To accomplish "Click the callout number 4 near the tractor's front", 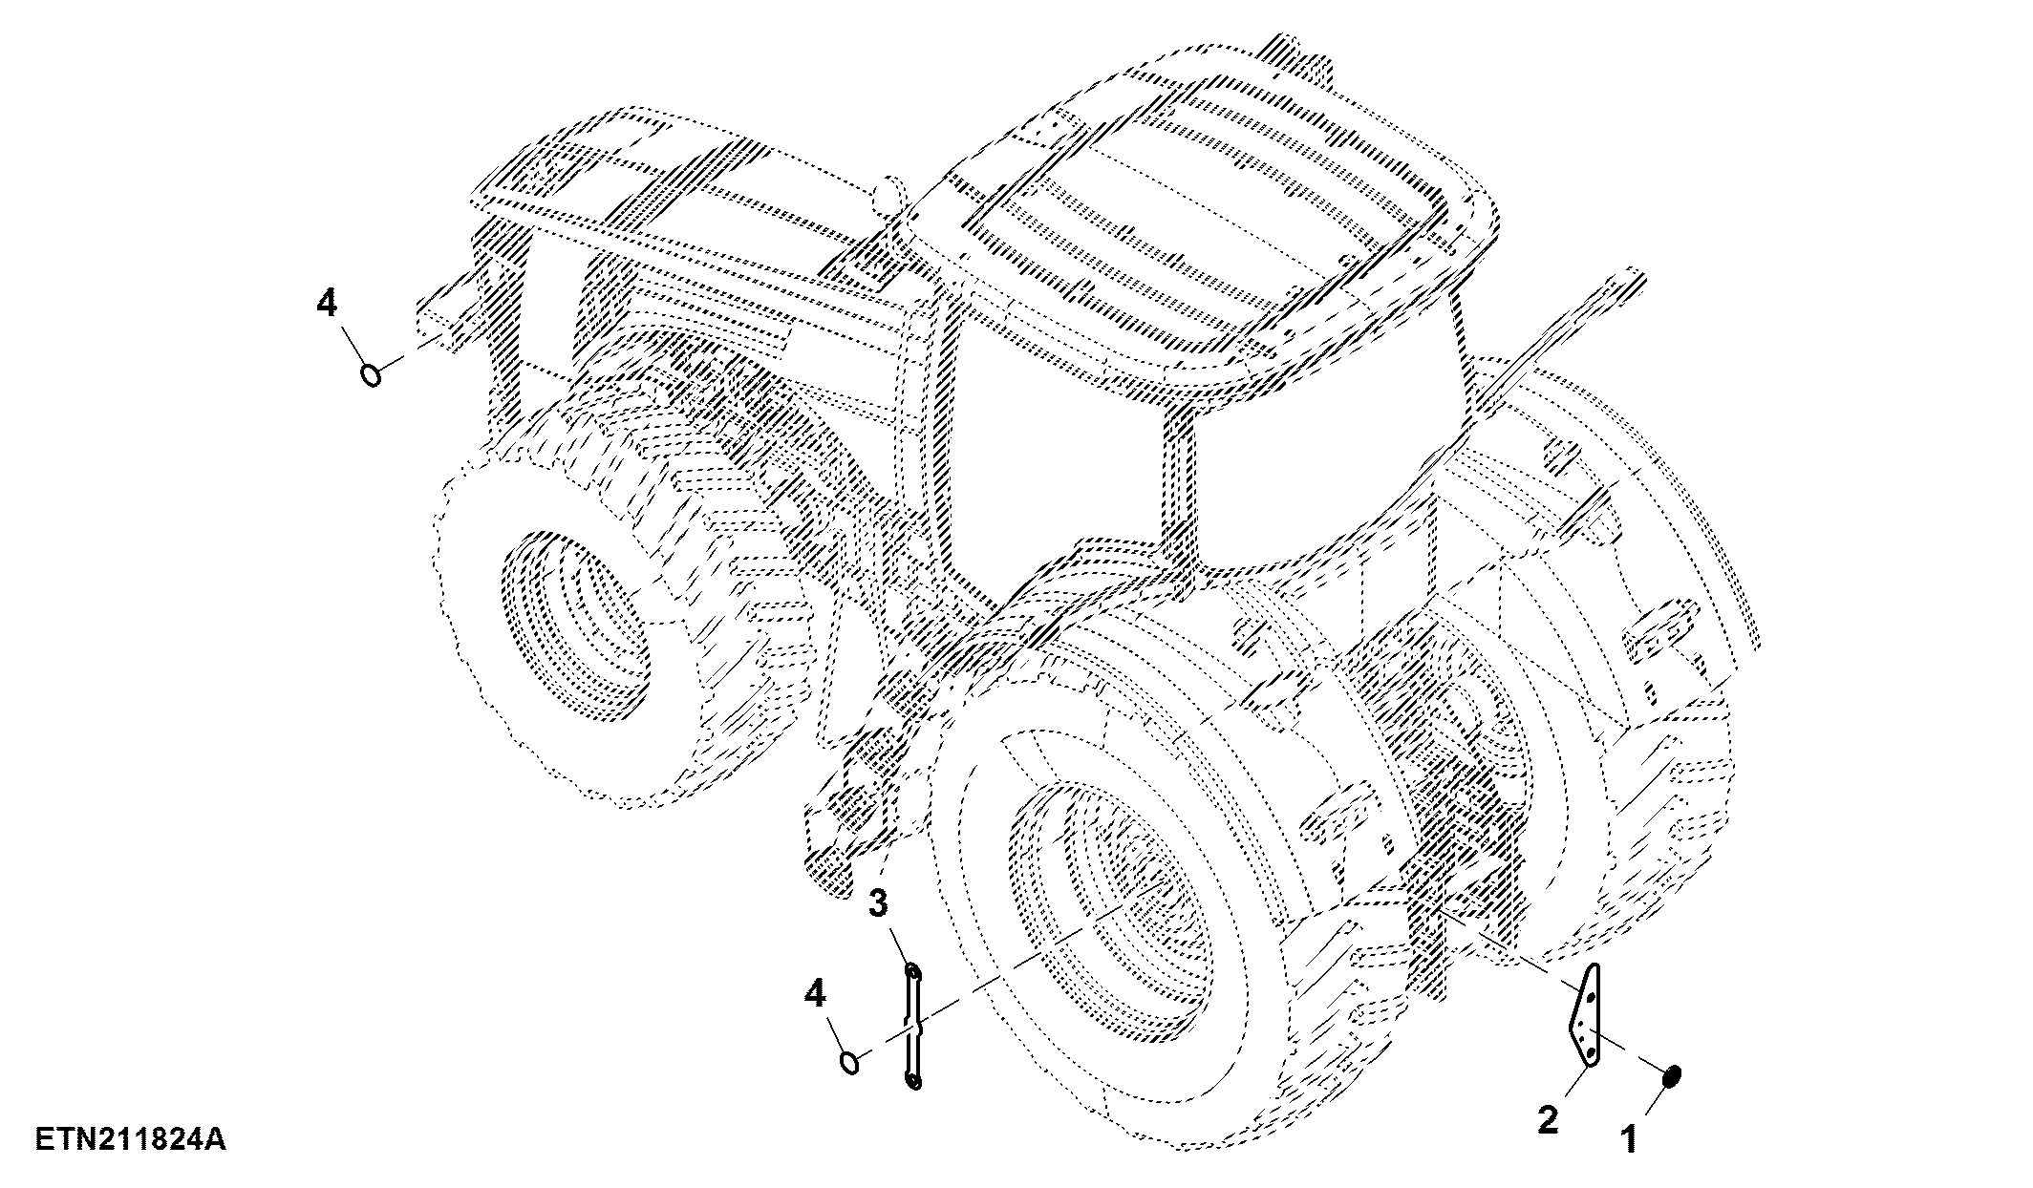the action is [327, 305].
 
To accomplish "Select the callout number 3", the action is [878, 902].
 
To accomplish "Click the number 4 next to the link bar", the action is [814, 994].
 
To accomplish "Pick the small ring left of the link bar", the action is [849, 1061].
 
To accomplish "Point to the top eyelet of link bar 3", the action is [914, 972].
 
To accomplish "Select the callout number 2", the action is [1547, 1119].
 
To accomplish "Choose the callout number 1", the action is [1628, 1138].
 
